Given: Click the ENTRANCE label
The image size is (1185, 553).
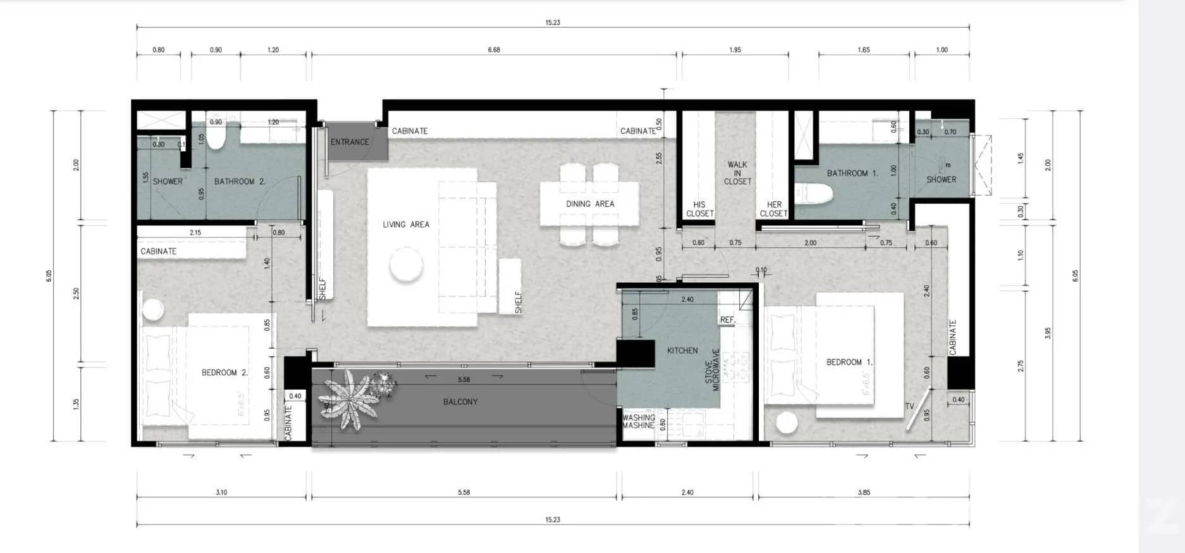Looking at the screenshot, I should [350, 142].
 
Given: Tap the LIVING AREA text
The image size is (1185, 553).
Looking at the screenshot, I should [406, 225].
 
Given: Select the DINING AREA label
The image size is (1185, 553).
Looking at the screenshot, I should [590, 204].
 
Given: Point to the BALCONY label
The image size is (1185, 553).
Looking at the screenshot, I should [460, 402].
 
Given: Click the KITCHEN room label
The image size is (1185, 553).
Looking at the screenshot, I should [682, 351].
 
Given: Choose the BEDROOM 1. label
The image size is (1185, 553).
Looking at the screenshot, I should [849, 363].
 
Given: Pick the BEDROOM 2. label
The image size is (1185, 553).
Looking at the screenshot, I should [225, 373].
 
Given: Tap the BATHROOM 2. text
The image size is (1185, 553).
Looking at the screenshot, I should [240, 182].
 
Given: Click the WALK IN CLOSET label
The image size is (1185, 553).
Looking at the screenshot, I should [737, 173].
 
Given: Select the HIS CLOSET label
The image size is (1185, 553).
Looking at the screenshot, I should [699, 209].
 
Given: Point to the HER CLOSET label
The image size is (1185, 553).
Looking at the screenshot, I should [774, 209].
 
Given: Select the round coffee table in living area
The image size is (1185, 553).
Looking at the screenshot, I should [406, 265].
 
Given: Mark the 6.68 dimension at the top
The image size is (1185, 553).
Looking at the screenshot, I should [494, 49].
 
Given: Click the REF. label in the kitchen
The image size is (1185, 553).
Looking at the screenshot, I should [727, 320].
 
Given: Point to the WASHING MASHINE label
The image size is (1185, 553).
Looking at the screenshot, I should [638, 421].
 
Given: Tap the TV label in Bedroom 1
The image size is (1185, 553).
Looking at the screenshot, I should [909, 406].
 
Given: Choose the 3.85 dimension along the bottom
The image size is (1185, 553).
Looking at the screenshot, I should [864, 492].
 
